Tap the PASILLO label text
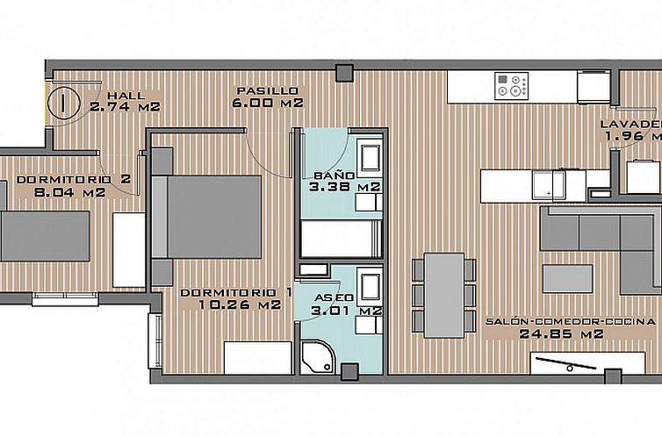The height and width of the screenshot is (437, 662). (x=272, y=90)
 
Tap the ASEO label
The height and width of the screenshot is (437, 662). (x=334, y=297)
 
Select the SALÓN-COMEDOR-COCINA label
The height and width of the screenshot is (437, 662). (x=570, y=321)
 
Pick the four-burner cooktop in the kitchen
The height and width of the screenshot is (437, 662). (x=511, y=85)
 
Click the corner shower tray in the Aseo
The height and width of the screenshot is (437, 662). (x=319, y=355)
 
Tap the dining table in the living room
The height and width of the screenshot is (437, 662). (x=443, y=295)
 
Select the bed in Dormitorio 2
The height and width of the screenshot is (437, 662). (x=44, y=235)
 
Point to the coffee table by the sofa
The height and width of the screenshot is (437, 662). (x=566, y=278)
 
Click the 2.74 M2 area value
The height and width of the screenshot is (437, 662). (x=124, y=107)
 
